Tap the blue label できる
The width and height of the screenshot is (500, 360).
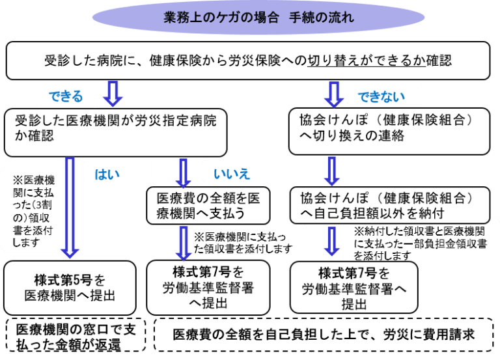pos(66,96)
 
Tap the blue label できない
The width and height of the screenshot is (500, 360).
pos(380,97)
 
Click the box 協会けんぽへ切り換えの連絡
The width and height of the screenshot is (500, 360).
pos(389,128)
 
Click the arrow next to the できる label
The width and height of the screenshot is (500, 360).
pos(113,93)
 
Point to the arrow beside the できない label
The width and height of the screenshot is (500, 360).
pos(334,93)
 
